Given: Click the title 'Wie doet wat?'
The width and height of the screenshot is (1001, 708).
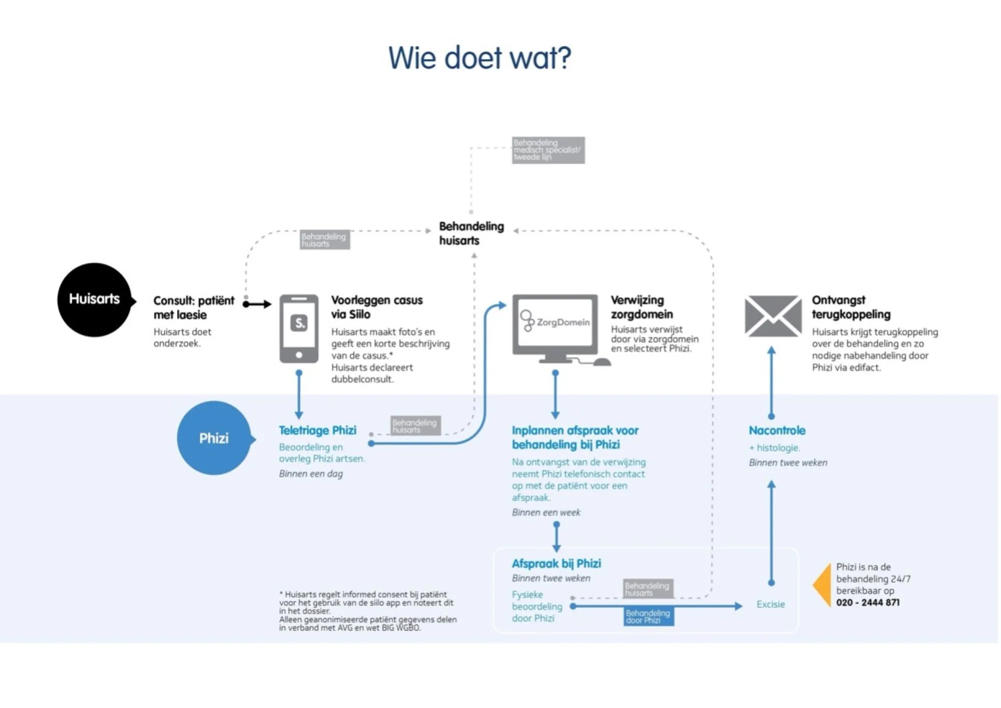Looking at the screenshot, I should pos(479,58).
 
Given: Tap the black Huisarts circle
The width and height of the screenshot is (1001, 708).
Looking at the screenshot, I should pos(94,299).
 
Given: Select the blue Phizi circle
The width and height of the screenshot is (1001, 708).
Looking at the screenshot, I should pos(214,438).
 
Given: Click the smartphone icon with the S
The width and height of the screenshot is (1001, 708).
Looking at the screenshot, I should pos(299,328).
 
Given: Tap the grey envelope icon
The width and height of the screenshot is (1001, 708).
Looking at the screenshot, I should pos(773,316).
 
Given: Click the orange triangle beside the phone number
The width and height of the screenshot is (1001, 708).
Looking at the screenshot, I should pos(822,584).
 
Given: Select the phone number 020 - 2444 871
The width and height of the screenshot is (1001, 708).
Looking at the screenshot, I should pos(867,602).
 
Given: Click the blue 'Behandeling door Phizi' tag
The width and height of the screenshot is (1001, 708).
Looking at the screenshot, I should pos(649,616).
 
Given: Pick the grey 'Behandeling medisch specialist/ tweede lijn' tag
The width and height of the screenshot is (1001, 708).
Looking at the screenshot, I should pos(548,150).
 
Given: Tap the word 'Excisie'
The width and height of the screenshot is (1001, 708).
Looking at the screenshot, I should pos(770,604).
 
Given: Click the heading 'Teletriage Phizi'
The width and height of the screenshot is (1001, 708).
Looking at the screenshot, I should pos(317,430).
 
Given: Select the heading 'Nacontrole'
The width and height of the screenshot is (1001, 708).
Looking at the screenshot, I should pos(777,430).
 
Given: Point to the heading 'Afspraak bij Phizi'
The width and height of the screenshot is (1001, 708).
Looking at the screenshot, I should pos(556,563).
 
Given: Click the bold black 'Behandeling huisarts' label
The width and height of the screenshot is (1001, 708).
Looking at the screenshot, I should pos(471,233).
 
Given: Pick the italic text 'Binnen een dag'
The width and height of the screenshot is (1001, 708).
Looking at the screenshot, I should pos(311,474).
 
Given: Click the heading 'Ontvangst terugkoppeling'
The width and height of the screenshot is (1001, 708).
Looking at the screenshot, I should pos(851,307).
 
